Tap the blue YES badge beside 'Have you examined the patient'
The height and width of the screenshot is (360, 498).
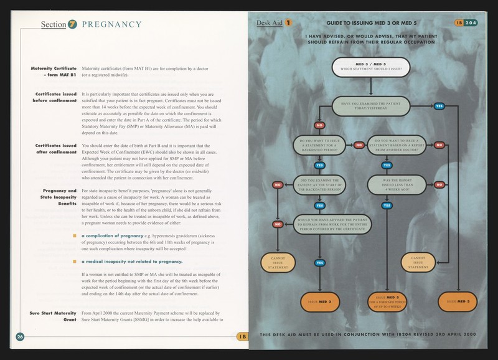(438, 107)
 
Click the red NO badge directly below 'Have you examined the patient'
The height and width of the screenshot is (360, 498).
(319, 125)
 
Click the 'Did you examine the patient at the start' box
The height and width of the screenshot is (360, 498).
(320, 184)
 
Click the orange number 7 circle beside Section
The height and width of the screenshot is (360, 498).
(72, 24)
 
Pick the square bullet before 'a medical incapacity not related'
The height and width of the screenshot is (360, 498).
(75, 262)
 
